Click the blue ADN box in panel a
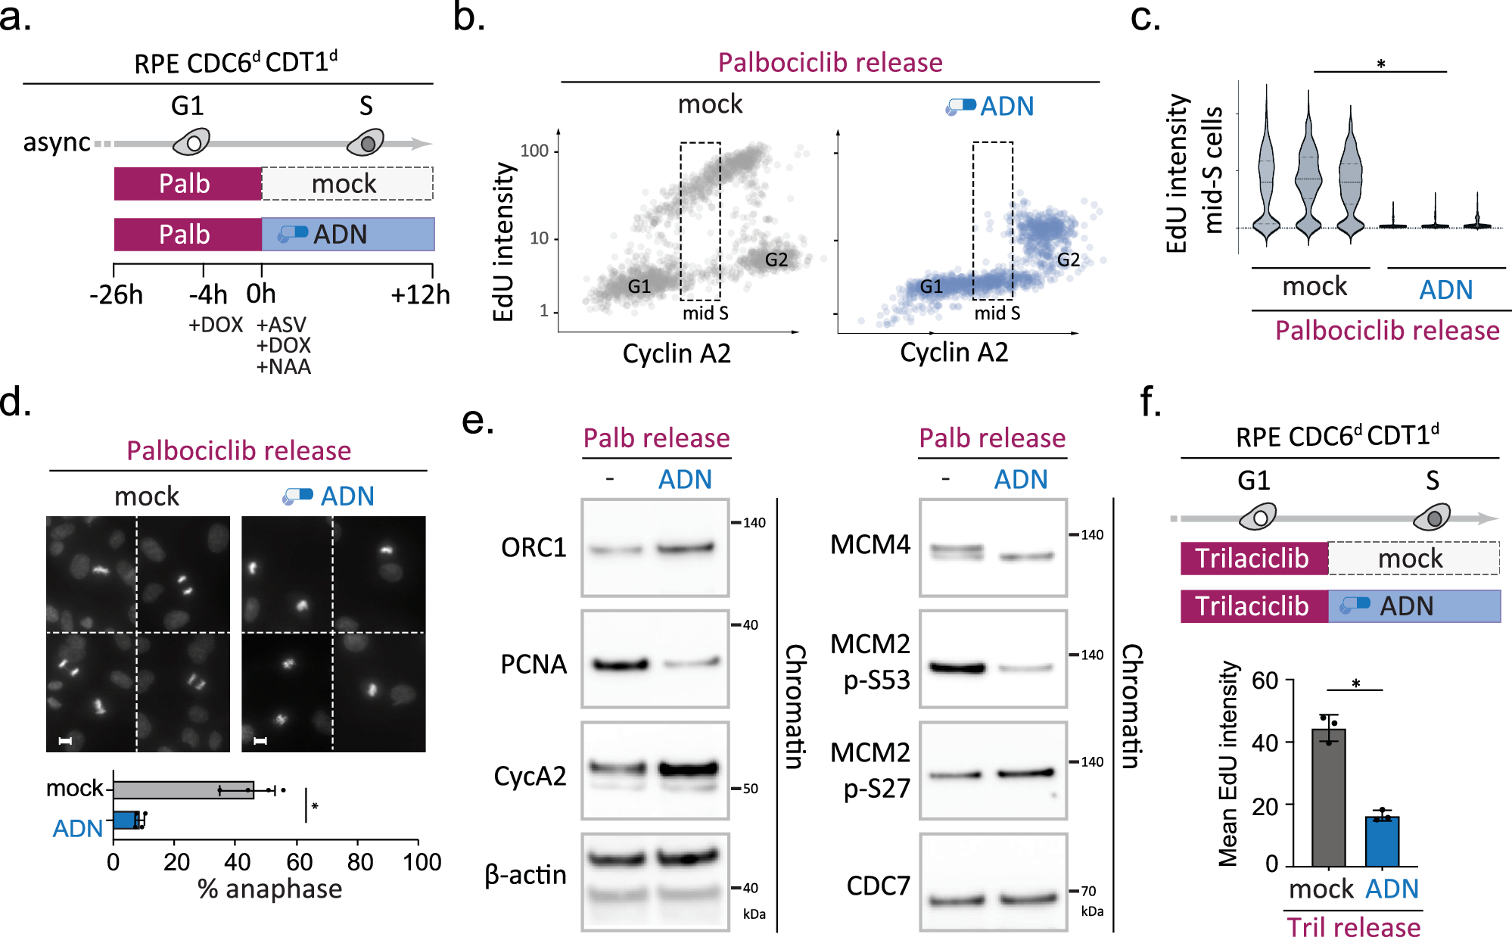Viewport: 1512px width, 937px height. point(348,235)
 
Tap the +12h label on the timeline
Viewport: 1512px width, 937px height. point(420,294)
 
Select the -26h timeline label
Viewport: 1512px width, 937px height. point(116,294)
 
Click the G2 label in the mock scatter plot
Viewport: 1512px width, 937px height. point(776,260)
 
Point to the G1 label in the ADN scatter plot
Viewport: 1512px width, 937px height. point(931,287)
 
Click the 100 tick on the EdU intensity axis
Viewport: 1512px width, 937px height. point(534,151)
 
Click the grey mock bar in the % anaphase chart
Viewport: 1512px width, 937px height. point(183,790)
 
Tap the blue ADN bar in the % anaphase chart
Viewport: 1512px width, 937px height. point(126,820)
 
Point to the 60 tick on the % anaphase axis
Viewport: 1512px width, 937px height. point(299,862)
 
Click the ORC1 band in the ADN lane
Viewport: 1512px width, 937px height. point(686,548)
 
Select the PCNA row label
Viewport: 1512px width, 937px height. point(534,665)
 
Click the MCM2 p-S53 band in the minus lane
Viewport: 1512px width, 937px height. point(957,668)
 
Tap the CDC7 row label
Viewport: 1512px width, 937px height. point(878,886)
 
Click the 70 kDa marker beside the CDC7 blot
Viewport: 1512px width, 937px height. point(1087,891)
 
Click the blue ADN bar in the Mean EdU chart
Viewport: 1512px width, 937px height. point(1382,841)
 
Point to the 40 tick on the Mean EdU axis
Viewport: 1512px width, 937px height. point(1265,742)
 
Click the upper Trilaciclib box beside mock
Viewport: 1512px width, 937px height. point(1253,559)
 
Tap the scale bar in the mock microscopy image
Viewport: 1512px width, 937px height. point(65,740)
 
